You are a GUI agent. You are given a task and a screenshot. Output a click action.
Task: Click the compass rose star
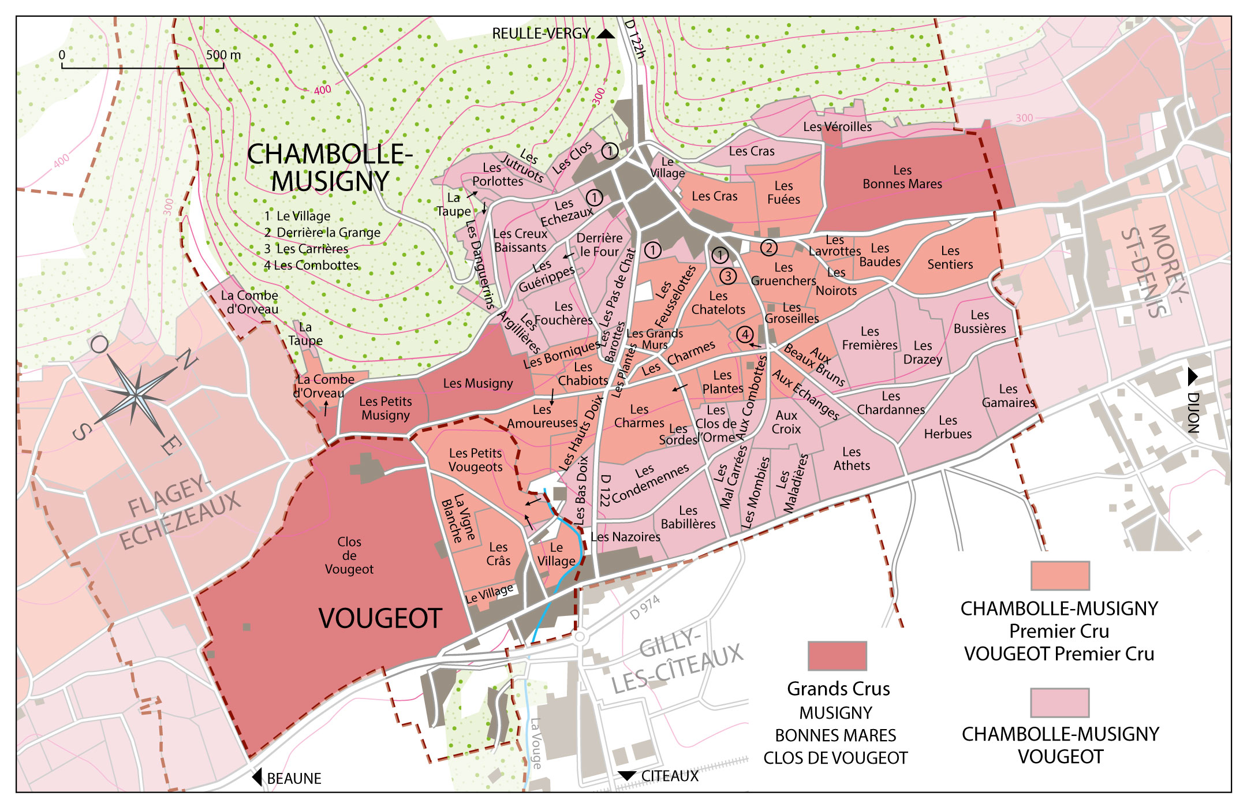click(x=135, y=397)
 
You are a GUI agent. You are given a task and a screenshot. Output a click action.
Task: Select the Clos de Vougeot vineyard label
click(x=349, y=555)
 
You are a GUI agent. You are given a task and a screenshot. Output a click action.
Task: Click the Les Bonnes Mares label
click(x=902, y=177)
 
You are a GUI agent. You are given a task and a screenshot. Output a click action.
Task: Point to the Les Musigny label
click(x=477, y=383)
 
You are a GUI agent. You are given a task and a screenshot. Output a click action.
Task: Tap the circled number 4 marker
click(x=745, y=334)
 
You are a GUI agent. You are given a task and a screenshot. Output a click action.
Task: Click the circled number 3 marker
click(x=728, y=276)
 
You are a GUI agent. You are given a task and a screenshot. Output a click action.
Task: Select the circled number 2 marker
click(x=768, y=248)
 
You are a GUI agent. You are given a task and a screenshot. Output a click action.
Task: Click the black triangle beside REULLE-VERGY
click(x=605, y=34)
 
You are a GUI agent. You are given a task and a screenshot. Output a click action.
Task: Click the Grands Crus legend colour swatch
click(x=837, y=656)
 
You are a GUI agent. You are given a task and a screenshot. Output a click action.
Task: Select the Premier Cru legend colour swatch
click(x=1060, y=575)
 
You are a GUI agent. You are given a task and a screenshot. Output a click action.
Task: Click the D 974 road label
click(x=644, y=608)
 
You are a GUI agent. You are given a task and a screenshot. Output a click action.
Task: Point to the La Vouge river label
click(x=536, y=744)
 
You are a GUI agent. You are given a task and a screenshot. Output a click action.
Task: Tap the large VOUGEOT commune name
click(x=380, y=618)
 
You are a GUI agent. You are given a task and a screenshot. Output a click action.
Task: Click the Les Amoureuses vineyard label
click(x=542, y=416)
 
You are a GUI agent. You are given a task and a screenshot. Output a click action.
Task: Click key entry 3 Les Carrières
click(x=307, y=249)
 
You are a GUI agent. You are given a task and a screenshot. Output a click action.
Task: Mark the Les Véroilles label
click(x=837, y=126)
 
